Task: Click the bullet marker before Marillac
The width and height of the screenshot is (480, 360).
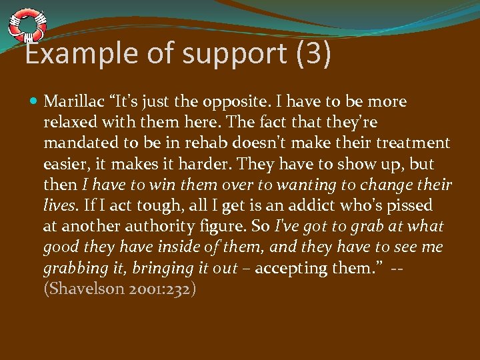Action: (x=34, y=102)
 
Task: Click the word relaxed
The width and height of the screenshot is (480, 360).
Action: (x=70, y=123)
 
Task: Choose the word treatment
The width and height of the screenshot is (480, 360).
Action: (x=415, y=143)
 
